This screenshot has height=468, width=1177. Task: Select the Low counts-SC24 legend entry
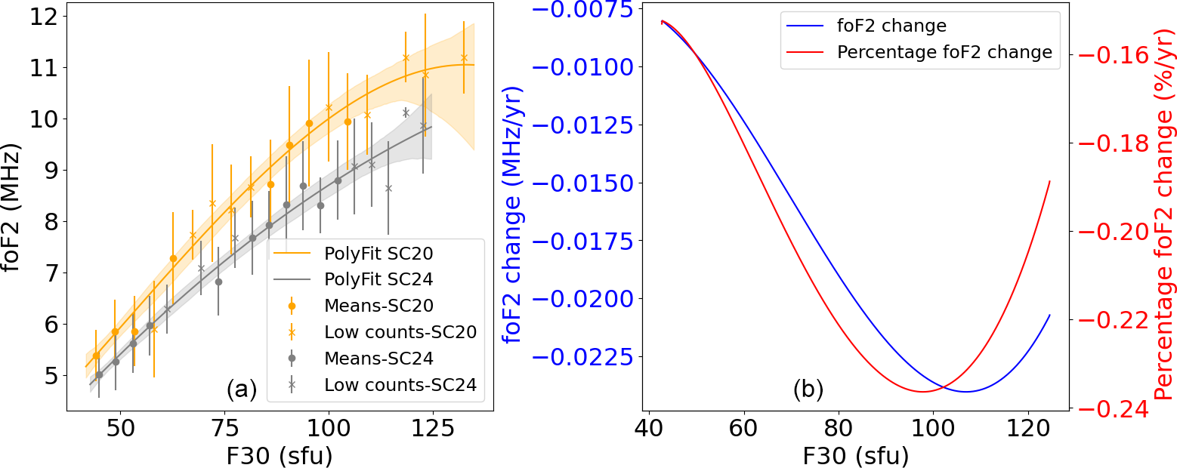pos(400,385)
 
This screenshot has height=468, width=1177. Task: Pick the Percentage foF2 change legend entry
pos(944,52)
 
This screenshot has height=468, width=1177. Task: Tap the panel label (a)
pos(242,389)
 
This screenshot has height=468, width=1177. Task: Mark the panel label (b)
pos(808,389)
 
